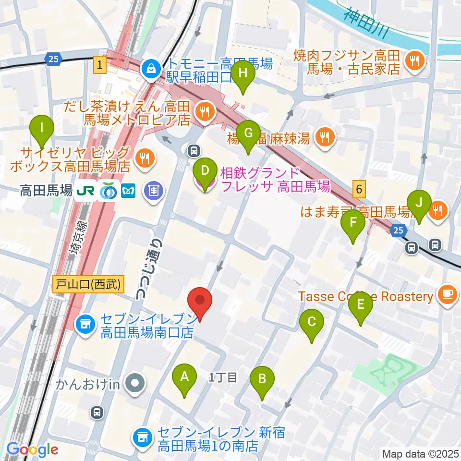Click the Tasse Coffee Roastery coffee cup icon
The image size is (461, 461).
[447, 295]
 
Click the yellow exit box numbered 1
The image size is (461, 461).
[99, 65]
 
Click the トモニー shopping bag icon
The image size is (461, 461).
[151, 69]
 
